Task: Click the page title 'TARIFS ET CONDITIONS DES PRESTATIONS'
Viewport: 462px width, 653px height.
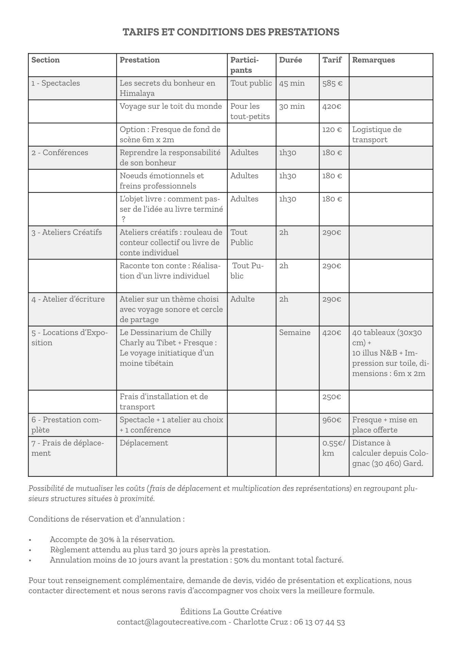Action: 231,32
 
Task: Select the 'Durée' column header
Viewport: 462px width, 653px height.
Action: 290,60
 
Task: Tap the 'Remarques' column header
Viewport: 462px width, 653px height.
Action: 373,60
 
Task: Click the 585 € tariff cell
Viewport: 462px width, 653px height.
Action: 332,83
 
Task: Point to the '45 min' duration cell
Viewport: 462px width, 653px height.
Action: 292,83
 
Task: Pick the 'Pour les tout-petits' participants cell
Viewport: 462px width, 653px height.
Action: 250,111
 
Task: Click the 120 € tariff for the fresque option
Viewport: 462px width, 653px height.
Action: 332,130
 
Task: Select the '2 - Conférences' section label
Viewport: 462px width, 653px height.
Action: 60,153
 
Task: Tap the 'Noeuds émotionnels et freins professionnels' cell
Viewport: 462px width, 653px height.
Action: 162,181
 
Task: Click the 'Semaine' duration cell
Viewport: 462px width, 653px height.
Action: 295,333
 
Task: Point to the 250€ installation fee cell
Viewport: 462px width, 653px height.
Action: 331,397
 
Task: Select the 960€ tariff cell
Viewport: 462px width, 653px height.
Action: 331,420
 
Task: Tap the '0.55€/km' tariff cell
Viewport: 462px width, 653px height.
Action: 333,448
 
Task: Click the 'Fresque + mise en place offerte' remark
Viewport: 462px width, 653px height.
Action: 384,425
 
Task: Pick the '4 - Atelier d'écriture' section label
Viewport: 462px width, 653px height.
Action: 68,299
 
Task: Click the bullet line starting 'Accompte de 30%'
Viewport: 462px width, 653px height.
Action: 112,539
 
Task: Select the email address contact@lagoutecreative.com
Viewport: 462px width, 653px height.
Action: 171,622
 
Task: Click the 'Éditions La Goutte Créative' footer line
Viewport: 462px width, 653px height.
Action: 231,612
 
